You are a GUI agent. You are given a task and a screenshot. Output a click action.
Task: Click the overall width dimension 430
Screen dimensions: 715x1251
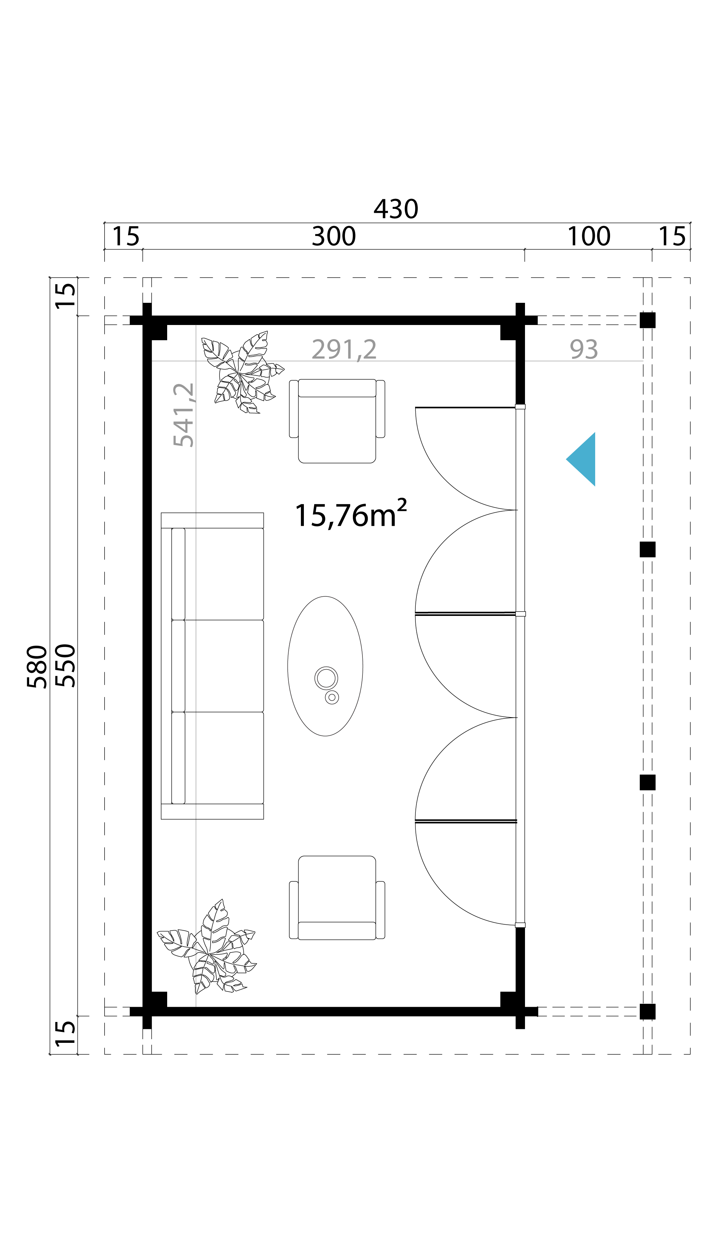click(x=396, y=209)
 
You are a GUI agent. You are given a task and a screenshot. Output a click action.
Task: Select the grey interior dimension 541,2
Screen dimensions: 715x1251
click(x=184, y=415)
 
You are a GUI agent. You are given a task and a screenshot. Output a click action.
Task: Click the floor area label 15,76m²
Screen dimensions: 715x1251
click(x=351, y=514)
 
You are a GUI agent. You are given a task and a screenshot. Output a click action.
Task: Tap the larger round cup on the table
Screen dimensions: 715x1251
click(x=326, y=678)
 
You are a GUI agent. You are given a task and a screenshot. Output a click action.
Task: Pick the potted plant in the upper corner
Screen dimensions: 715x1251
click(x=243, y=373)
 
